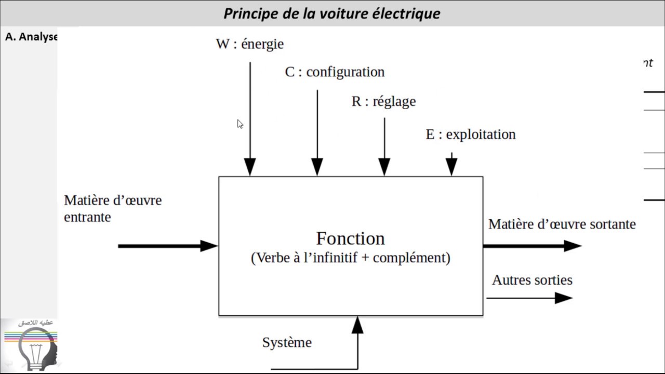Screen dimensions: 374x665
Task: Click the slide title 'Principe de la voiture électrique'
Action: pos(331,14)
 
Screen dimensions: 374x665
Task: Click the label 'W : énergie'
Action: pos(249,44)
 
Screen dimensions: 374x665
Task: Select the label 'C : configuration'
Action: pos(335,72)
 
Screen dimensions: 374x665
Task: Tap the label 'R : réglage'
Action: pos(383,101)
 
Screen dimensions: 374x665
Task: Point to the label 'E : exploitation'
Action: pos(471,134)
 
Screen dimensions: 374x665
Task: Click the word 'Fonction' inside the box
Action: pos(350,238)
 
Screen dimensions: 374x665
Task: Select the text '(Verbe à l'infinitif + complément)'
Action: pos(350,258)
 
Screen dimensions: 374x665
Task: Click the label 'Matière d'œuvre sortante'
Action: pos(562,224)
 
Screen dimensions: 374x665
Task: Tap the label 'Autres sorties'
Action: pos(532,280)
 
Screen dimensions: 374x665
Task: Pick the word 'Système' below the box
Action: pos(287,343)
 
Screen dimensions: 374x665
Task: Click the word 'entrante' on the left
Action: pos(87,217)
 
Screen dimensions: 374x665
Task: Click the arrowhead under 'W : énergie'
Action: pos(250,167)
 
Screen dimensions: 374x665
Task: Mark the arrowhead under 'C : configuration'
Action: pos(317,167)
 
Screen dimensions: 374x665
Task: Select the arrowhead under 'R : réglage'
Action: pos(384,167)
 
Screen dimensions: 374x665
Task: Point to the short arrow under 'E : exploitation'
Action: pos(451,165)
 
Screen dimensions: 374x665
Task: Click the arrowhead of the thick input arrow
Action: pos(209,246)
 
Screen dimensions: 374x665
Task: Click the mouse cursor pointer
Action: pos(240,124)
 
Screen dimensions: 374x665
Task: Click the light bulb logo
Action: pos(35,348)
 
